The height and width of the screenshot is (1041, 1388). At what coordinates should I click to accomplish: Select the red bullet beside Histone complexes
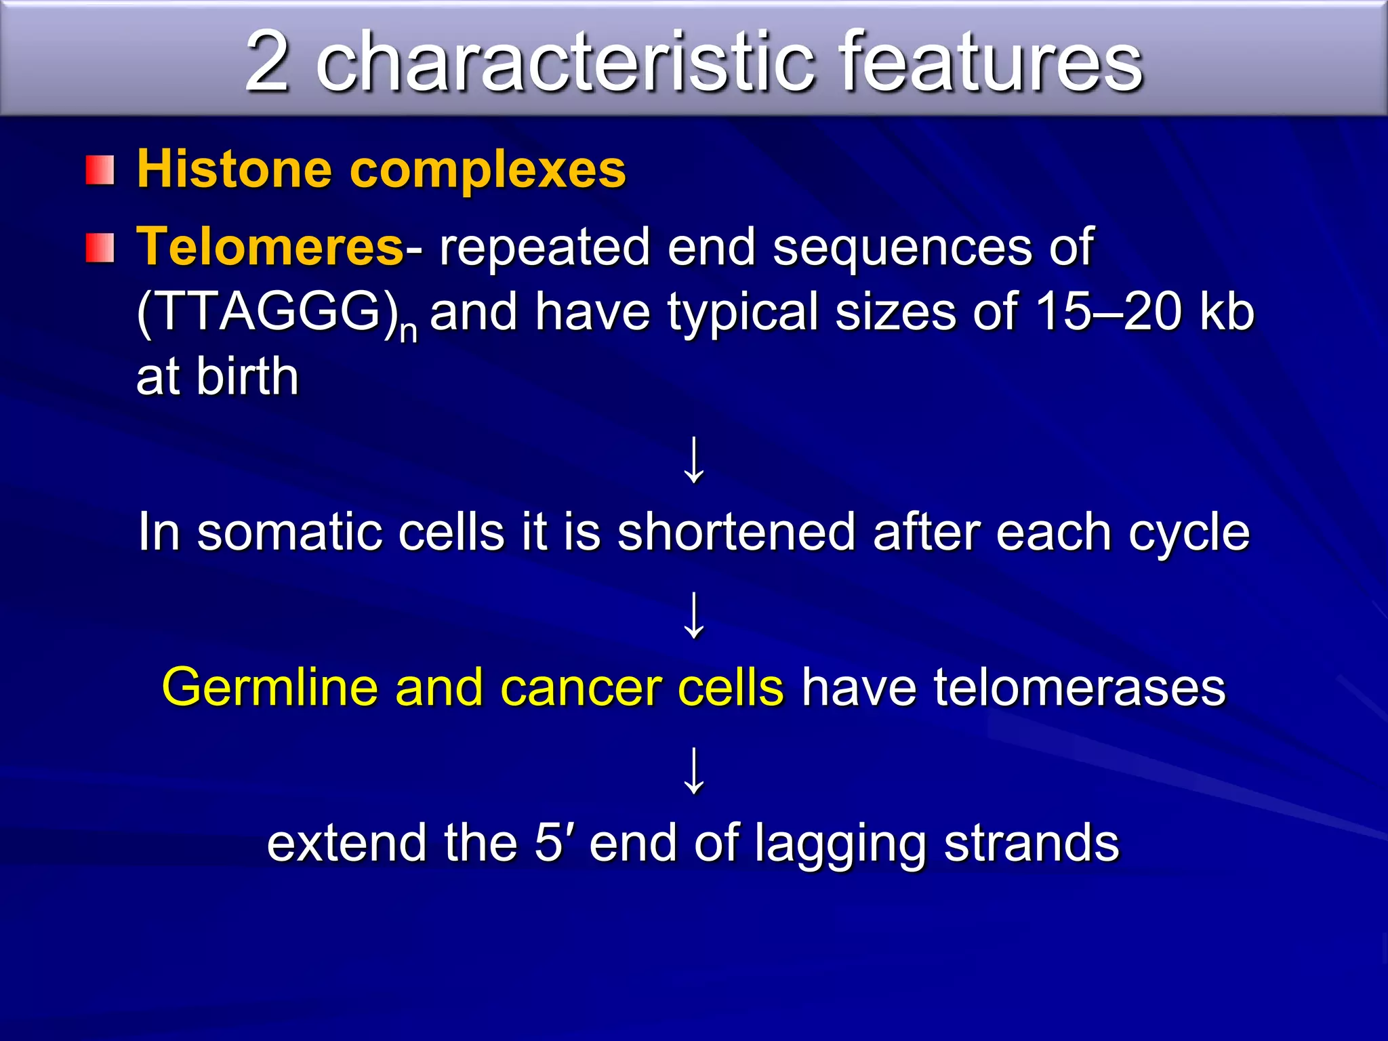[x=100, y=170]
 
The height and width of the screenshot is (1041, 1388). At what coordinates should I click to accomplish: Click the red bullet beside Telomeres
[x=100, y=247]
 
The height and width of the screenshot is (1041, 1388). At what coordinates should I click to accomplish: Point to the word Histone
[x=234, y=169]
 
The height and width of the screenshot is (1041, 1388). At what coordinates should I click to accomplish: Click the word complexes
[x=487, y=170]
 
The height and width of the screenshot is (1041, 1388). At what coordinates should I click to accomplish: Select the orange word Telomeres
[x=270, y=246]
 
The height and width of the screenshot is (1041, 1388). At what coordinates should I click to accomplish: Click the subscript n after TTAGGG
[x=408, y=332]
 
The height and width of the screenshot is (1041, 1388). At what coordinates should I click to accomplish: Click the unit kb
[x=1227, y=311]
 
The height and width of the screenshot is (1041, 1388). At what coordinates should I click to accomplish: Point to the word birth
[x=247, y=376]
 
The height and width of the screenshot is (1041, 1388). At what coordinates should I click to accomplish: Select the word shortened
[x=736, y=532]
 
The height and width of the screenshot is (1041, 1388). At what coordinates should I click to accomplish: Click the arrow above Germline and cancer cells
[x=694, y=615]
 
